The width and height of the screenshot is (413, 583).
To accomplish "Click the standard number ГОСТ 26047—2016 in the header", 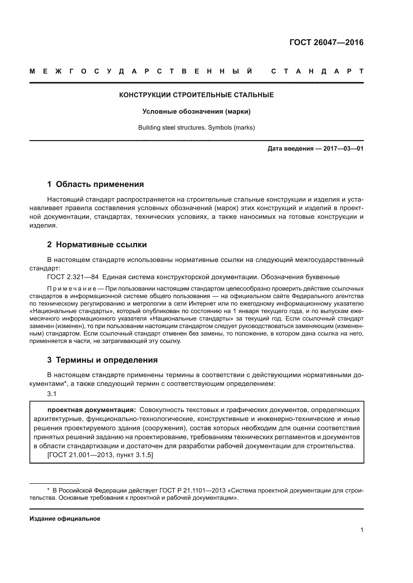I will tap(326, 42).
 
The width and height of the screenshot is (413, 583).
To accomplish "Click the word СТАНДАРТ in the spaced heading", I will tap(317, 71).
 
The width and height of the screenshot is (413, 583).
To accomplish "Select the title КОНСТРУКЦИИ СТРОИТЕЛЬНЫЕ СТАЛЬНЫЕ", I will tap(196, 95).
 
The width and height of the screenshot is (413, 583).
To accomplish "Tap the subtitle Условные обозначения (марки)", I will tap(196, 111).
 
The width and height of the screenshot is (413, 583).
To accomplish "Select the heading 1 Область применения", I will tap(95, 184).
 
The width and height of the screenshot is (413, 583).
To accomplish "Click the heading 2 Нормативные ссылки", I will tap(97, 245).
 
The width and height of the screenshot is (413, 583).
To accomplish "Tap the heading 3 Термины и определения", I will tap(102, 360).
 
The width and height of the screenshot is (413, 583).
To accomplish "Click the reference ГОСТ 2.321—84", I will tap(73, 277).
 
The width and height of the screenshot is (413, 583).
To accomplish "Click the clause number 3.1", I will tap(52, 394).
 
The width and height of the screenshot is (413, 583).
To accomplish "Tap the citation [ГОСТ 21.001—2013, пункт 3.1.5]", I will tap(100, 455).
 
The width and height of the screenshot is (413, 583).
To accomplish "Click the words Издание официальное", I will tap(65, 519).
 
